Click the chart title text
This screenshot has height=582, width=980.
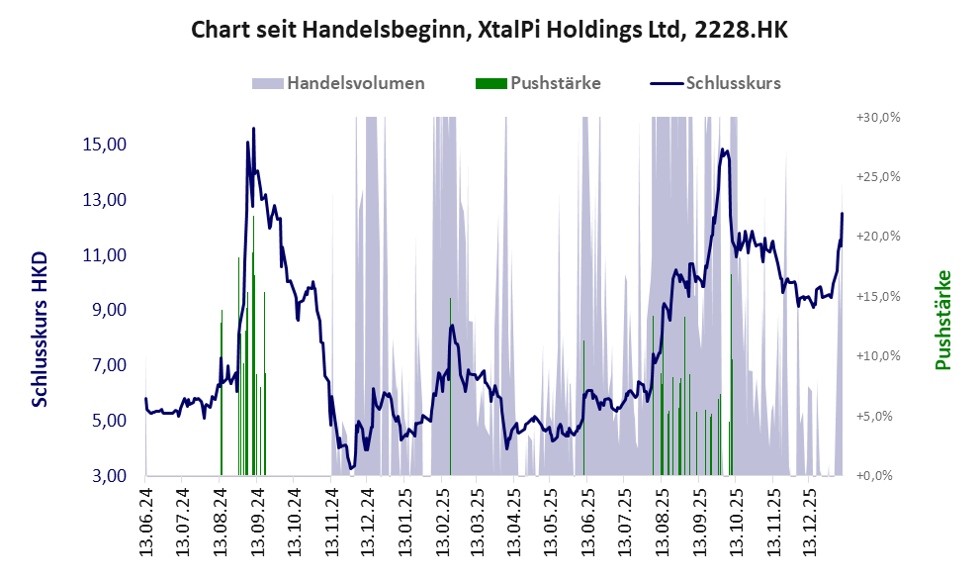click(490, 31)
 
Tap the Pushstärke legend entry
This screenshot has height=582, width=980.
click(555, 83)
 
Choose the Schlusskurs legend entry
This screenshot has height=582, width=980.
click(733, 83)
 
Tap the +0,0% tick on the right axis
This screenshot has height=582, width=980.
click(878, 476)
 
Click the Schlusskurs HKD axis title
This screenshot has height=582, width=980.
click(40, 329)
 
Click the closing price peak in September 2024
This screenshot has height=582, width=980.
click(253, 129)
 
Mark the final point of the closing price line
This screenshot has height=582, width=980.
click(843, 214)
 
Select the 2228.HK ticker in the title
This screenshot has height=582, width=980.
click(741, 31)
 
